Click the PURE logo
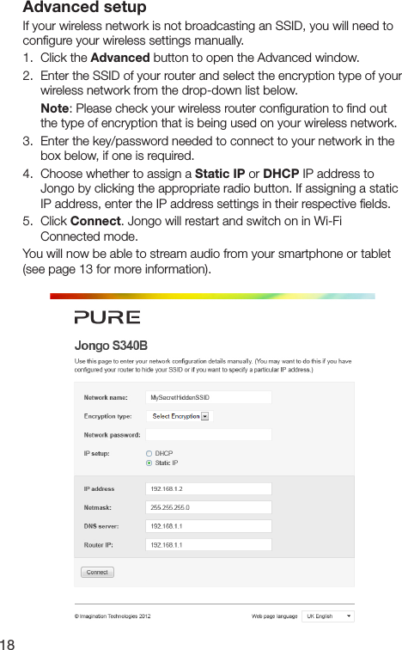pyautogui.click(x=107, y=317)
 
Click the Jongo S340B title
pyautogui.click(x=111, y=346)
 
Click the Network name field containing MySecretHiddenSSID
pyautogui.click(x=209, y=397)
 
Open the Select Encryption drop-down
pyautogui.click(x=180, y=416)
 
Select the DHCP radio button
pyautogui.click(x=149, y=453)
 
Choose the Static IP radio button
pyautogui.click(x=149, y=463)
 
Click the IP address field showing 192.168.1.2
pyautogui.click(x=209, y=488)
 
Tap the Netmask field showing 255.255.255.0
pyautogui.click(x=209, y=507)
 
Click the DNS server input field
pyautogui.click(x=209, y=526)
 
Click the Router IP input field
pyautogui.click(x=209, y=545)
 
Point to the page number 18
pyautogui.click(x=9, y=641)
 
